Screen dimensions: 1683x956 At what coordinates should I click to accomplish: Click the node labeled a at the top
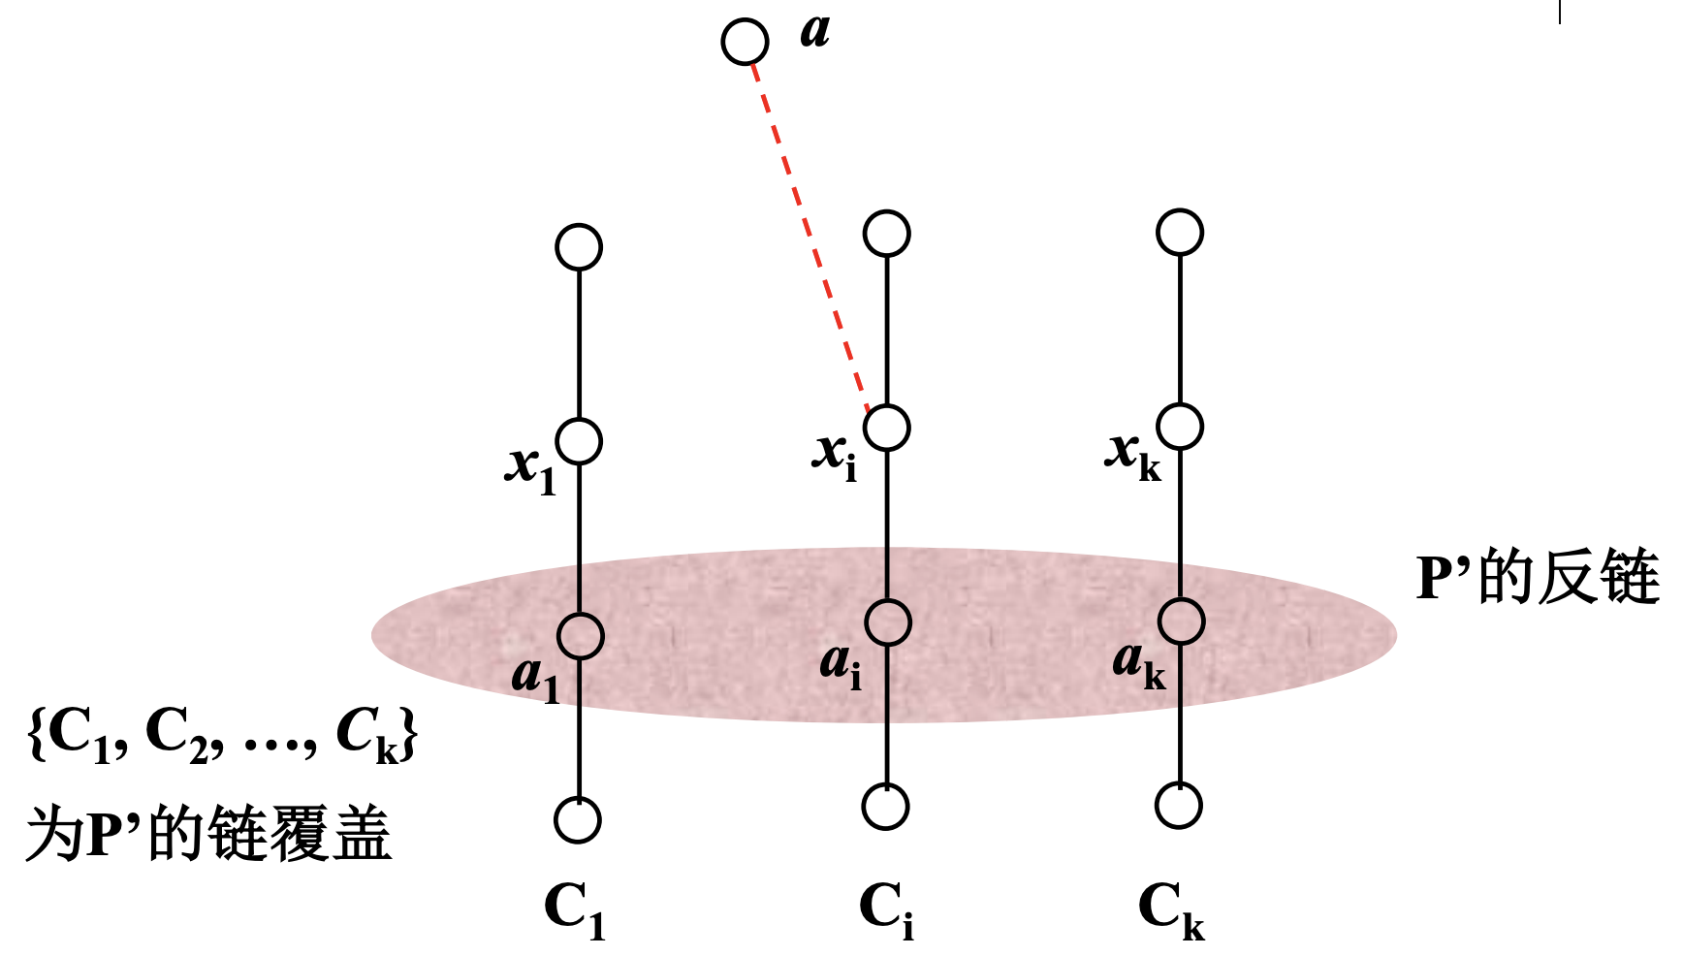tap(745, 42)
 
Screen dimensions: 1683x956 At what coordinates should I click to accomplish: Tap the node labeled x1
tap(579, 441)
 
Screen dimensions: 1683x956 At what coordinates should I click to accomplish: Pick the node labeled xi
tap(887, 427)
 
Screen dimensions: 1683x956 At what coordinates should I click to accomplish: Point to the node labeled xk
tap(1180, 426)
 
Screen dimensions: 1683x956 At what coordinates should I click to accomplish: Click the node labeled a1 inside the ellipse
tap(580, 635)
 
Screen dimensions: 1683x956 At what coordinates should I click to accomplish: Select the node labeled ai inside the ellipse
tap(887, 621)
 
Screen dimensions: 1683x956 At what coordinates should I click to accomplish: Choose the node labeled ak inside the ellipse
tap(1181, 621)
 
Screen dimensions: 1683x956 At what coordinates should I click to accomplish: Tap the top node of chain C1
tap(579, 247)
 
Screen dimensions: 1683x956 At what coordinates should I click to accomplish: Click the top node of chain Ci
tap(887, 234)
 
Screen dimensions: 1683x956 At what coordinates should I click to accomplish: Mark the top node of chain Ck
tap(1180, 232)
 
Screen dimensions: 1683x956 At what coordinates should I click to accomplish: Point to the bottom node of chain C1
tap(578, 820)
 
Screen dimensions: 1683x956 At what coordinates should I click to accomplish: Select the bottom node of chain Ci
tap(886, 807)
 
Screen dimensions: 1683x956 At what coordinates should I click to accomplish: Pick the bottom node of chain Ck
tap(1179, 806)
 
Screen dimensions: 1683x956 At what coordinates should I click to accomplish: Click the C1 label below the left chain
tap(575, 911)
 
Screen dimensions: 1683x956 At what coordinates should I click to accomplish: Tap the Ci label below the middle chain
tap(886, 911)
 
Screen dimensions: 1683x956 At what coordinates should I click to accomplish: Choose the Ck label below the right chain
tap(1171, 911)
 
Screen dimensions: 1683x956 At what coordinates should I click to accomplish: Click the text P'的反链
tap(1538, 578)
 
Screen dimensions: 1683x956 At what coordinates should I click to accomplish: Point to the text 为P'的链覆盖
tap(208, 833)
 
